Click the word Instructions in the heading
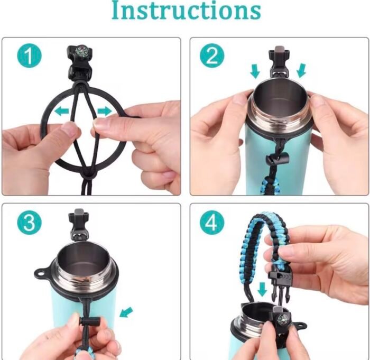[186, 10]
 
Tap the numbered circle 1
[29, 56]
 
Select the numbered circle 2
[212, 56]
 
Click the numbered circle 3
[29, 222]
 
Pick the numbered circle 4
[212, 222]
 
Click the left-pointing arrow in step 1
[62, 110]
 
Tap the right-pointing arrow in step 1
[105, 110]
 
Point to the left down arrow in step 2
[255, 71]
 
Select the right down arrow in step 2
[301, 70]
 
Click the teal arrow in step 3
[126, 312]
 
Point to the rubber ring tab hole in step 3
[41, 274]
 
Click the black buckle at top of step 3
[79, 224]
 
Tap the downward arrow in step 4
[262, 290]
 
